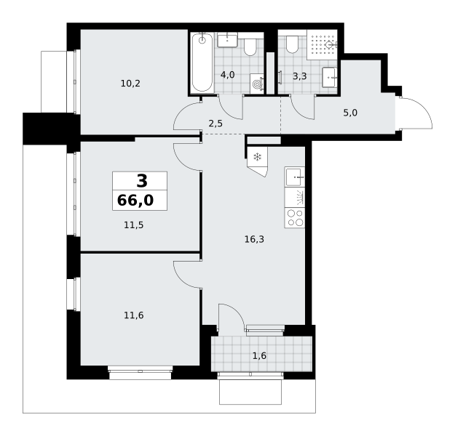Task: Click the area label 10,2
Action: point(130,84)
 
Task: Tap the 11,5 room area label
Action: point(134,225)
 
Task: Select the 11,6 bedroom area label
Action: point(134,315)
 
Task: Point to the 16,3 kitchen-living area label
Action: point(254,239)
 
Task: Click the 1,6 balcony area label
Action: point(259,356)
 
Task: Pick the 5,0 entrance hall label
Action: point(350,113)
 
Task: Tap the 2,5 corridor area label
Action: point(215,124)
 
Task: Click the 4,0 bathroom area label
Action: point(227,75)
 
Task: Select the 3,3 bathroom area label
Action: point(300,76)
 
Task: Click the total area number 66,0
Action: point(135,200)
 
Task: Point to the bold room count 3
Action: point(142,181)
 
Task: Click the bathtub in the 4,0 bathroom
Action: point(202,62)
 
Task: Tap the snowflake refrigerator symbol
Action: point(258,157)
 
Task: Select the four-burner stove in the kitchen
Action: point(295,218)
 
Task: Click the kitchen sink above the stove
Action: point(295,177)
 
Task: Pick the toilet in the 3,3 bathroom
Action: point(292,44)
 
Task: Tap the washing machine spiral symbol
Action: point(257,84)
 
